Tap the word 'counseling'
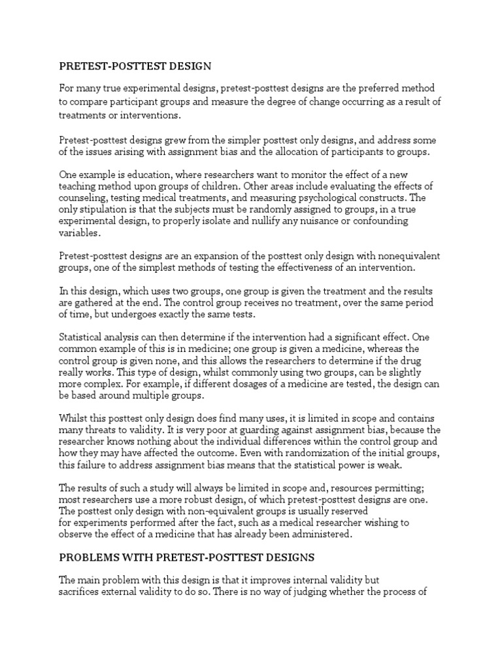(83, 198)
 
